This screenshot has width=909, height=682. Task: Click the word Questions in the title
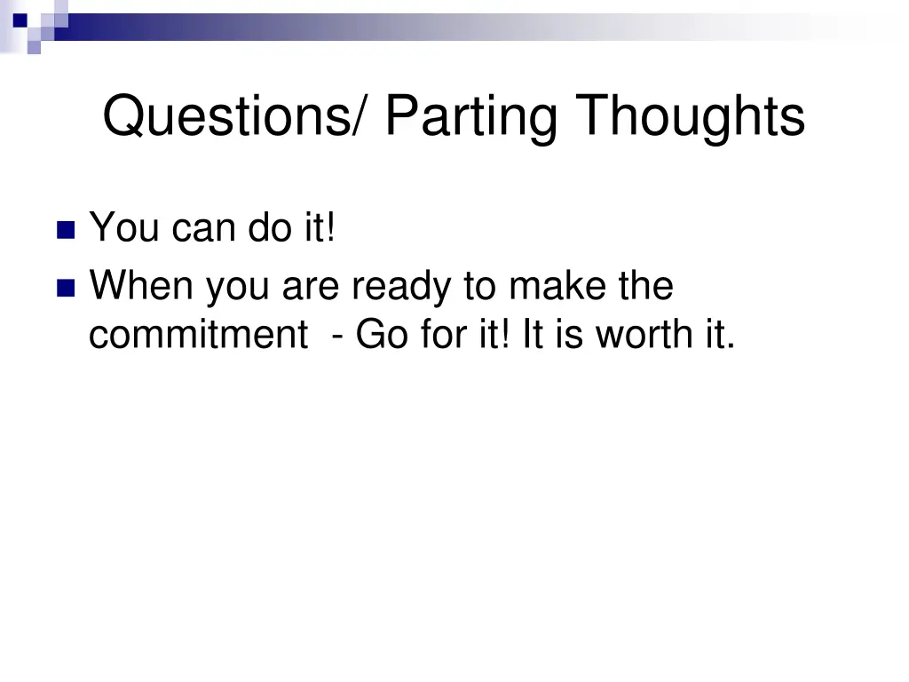pos(226,117)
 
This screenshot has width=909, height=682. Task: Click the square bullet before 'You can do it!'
pos(66,231)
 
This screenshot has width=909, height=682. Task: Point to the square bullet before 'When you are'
pos(66,289)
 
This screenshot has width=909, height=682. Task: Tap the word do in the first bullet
pos(266,228)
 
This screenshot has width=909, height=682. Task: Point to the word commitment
pos(194,335)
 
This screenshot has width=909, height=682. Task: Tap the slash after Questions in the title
pos(364,117)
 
